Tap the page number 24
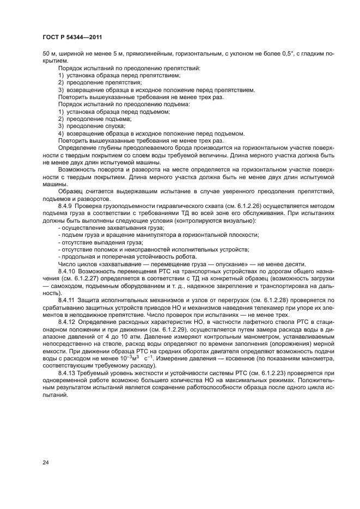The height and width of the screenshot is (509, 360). click(x=45, y=462)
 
